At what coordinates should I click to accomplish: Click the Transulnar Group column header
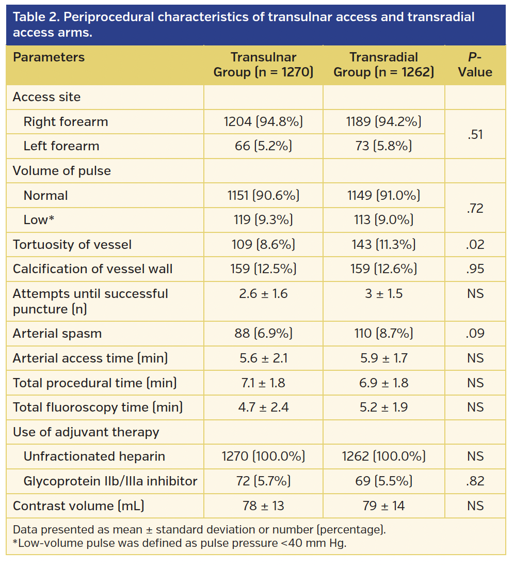click(263, 65)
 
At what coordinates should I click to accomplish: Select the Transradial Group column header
click(383, 65)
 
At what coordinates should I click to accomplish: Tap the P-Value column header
click(475, 65)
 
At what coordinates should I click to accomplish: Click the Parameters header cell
click(49, 57)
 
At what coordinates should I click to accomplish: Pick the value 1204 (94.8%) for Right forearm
click(263, 122)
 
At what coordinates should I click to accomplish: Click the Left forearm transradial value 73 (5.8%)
click(383, 146)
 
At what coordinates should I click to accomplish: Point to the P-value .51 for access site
click(475, 134)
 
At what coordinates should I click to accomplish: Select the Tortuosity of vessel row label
click(72, 244)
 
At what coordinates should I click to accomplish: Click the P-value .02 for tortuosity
click(475, 244)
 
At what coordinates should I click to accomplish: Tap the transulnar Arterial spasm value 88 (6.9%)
click(263, 334)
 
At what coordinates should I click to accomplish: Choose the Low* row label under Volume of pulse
click(39, 220)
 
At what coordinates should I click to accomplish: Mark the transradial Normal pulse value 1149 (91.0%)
click(383, 196)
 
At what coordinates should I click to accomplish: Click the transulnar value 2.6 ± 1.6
click(263, 294)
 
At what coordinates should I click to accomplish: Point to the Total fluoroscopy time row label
click(98, 407)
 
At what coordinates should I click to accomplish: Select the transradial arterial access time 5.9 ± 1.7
click(383, 358)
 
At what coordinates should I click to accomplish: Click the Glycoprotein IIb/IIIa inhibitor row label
click(110, 481)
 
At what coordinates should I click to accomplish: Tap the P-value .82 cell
click(475, 481)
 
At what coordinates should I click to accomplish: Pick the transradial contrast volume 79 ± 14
click(383, 506)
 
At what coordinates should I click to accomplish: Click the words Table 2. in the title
click(31, 17)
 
